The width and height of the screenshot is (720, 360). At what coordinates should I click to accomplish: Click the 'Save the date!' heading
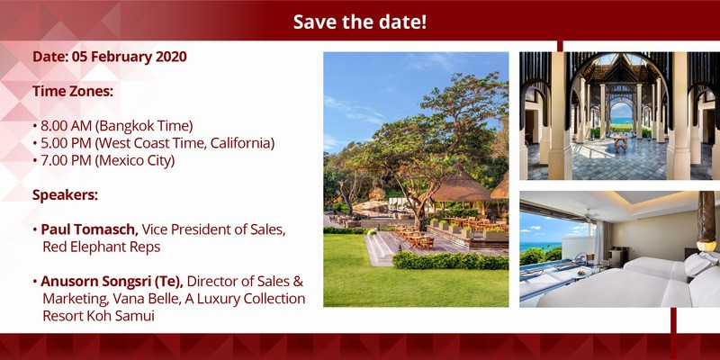tap(360, 22)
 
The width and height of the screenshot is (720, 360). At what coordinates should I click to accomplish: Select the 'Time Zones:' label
tap(73, 91)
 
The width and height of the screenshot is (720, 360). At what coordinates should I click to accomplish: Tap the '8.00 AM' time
tap(67, 126)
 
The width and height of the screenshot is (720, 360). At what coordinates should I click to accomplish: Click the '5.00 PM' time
tap(66, 143)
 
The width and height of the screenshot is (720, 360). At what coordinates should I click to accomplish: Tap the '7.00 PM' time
tap(66, 161)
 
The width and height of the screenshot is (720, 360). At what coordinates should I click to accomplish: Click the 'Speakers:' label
tap(65, 195)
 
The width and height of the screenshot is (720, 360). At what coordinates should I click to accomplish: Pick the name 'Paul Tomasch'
tap(89, 229)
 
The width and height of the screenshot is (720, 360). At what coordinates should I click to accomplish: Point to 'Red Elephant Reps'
tap(102, 247)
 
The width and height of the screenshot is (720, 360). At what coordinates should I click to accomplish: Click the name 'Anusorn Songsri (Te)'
tap(112, 281)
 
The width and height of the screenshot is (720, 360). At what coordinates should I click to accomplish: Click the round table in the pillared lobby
tap(620, 141)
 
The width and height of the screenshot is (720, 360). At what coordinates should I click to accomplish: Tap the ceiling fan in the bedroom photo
tap(588, 215)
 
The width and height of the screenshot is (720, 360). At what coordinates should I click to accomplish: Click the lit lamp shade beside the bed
tap(706, 246)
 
